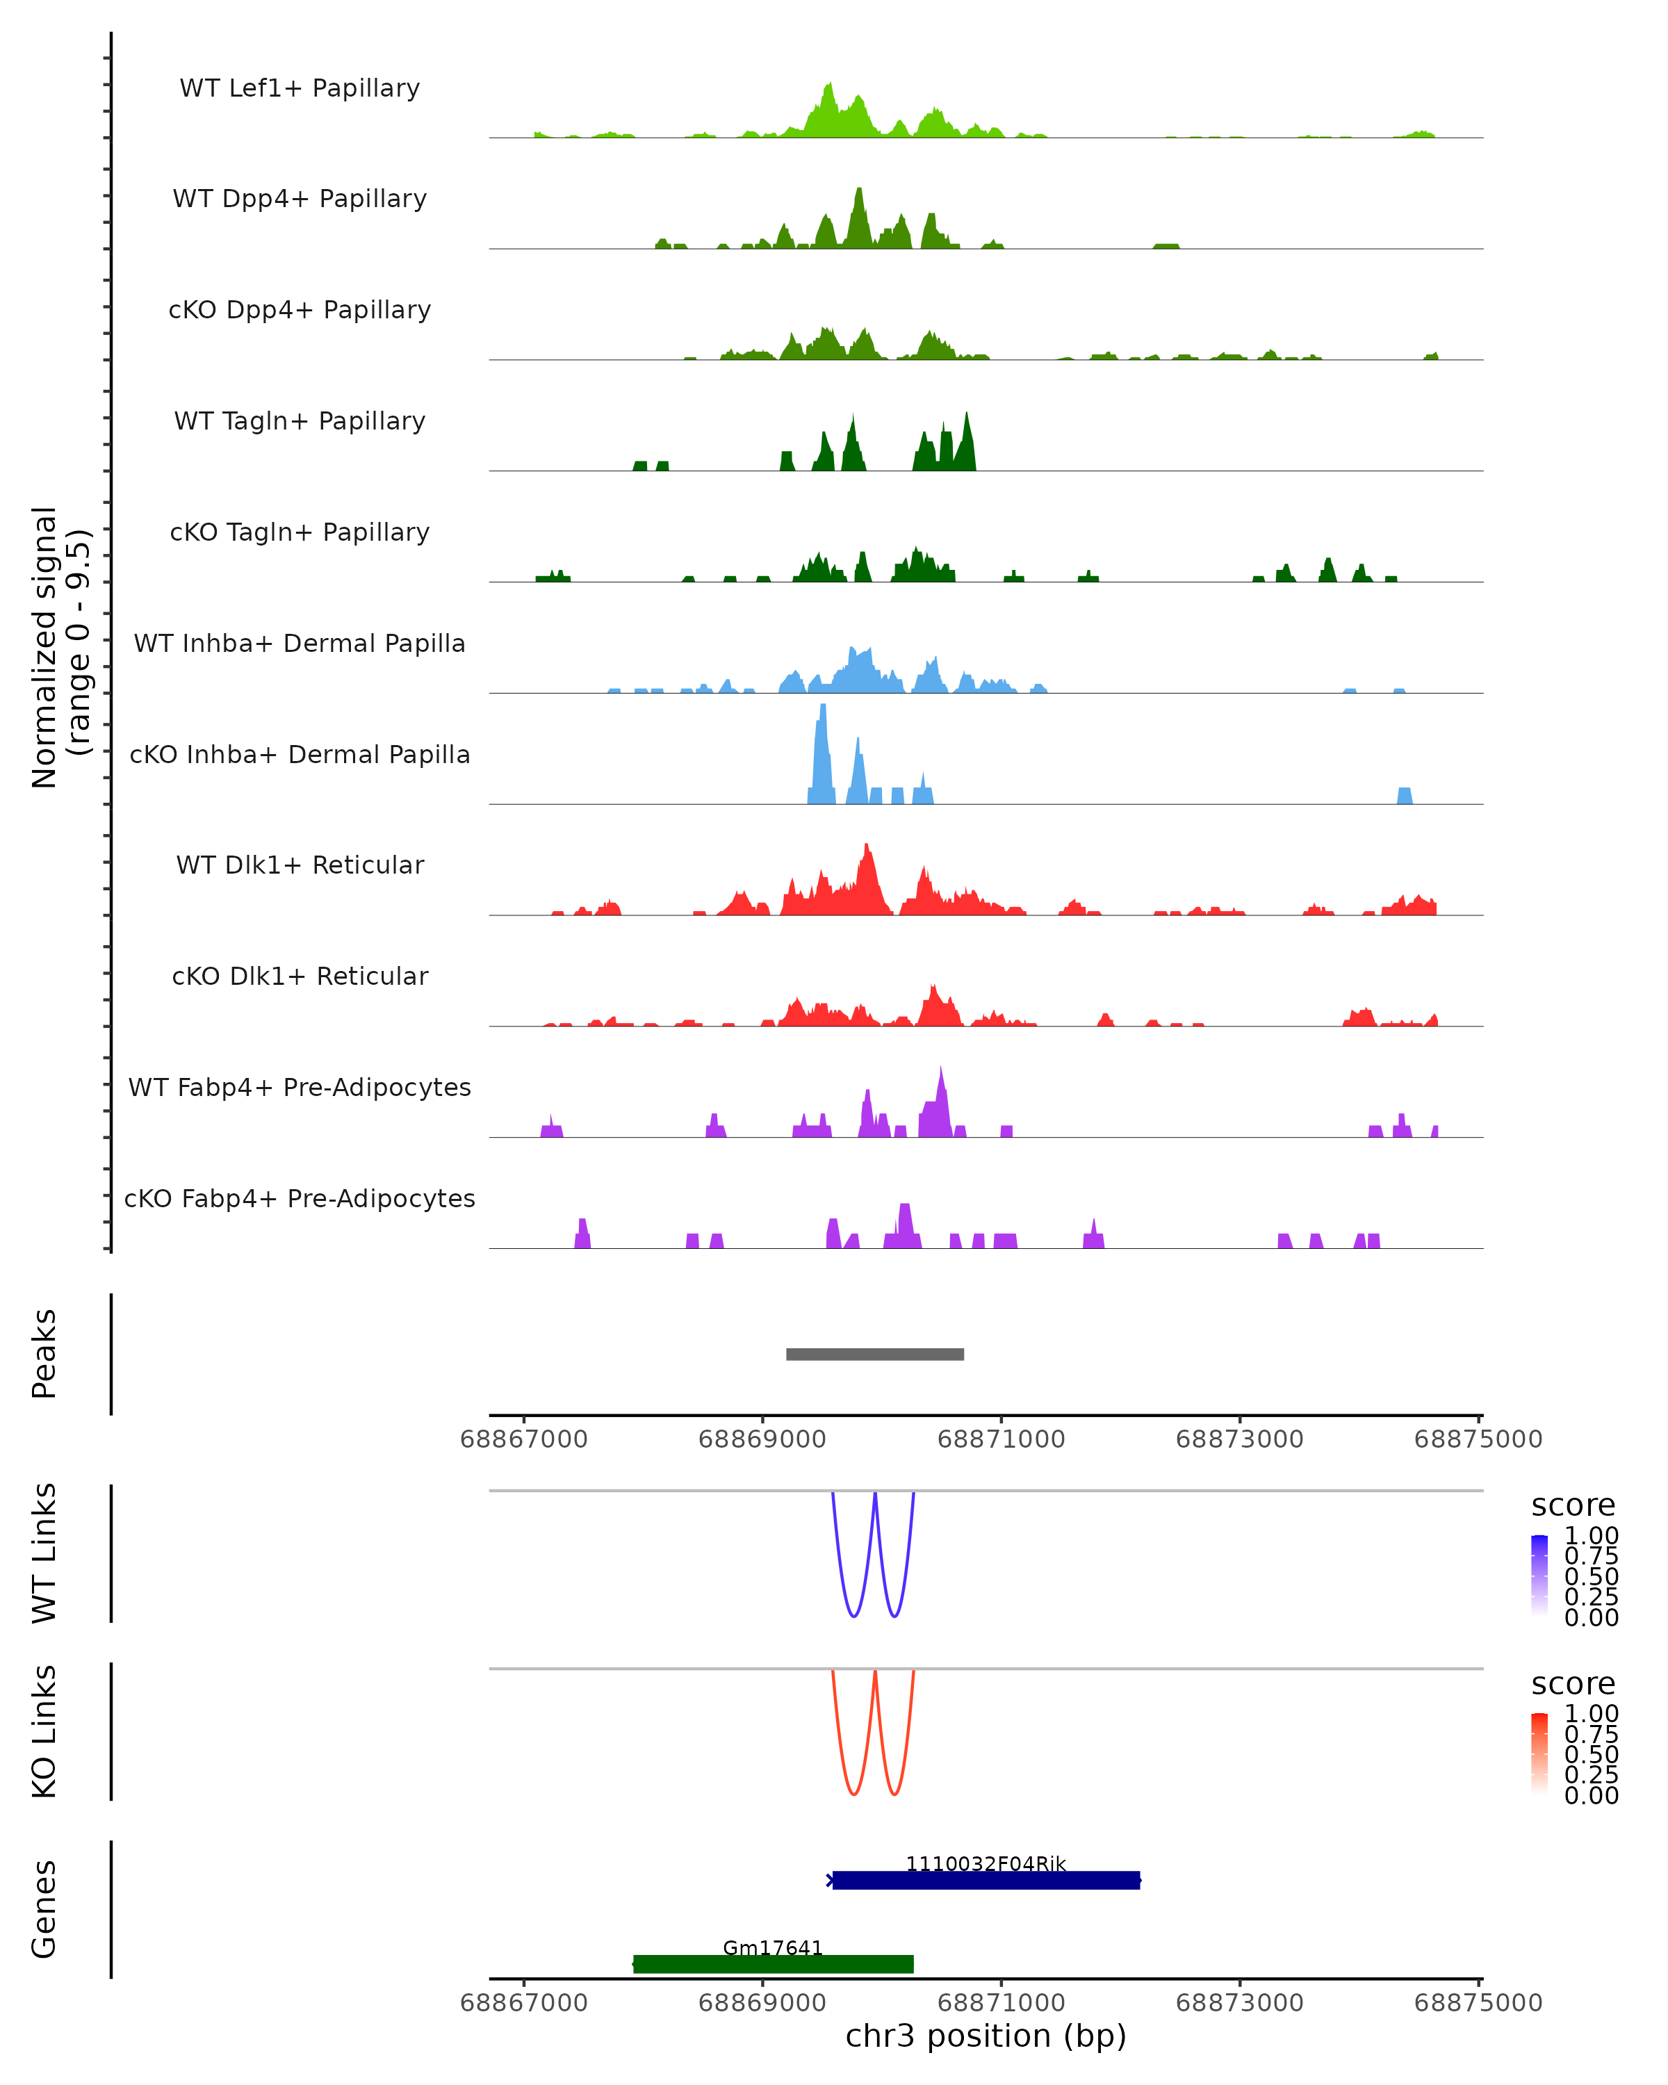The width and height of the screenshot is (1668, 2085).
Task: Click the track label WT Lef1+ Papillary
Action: [300, 88]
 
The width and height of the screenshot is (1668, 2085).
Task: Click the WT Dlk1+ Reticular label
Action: [300, 865]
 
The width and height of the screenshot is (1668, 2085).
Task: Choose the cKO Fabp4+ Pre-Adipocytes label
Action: [300, 1198]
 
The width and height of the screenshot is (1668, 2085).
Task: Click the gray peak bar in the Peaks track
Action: [874, 1354]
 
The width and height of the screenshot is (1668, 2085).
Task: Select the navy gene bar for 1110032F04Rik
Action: [986, 1880]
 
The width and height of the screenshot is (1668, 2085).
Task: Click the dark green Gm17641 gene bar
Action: [773, 1963]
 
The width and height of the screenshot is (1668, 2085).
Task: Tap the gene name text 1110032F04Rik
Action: [986, 1863]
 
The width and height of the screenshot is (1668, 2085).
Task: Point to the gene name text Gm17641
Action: [773, 1947]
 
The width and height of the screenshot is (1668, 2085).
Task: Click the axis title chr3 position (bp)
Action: [986, 2036]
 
